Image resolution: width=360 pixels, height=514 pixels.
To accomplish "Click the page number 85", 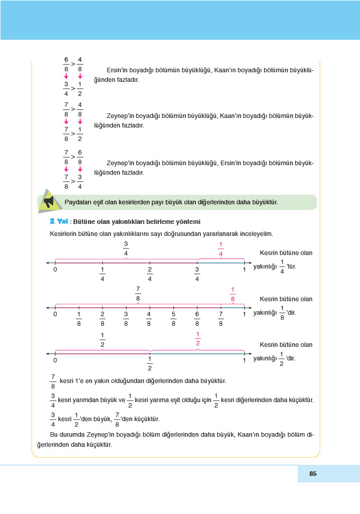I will point(313,473).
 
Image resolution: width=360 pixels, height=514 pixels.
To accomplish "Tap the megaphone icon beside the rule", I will point(48,201).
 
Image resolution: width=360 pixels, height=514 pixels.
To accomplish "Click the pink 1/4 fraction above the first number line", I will point(220,249).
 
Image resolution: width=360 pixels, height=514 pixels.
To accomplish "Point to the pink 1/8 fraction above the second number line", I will point(232,294).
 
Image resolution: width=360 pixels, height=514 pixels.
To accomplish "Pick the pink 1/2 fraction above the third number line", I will point(198,339).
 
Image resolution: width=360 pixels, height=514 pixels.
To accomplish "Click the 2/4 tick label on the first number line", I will point(150,275).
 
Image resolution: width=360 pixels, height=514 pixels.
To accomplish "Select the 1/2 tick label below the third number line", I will point(150,364).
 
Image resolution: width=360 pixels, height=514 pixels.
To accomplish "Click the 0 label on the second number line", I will point(55,314).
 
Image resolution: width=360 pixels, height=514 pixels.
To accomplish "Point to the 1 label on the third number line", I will point(245,360).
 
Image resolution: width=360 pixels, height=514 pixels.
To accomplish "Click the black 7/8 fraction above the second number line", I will point(138,294).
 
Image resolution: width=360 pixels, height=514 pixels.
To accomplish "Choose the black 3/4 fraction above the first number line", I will point(126,249).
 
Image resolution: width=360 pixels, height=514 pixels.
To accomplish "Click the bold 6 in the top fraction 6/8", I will point(66,60).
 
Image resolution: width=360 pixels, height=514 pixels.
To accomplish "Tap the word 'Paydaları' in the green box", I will point(77,202).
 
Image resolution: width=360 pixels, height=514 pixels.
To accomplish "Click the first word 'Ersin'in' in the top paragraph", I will point(118,70).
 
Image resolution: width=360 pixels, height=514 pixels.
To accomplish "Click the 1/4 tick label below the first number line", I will point(102,275).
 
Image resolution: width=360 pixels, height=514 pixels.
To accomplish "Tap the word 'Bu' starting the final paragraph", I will point(54,435).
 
